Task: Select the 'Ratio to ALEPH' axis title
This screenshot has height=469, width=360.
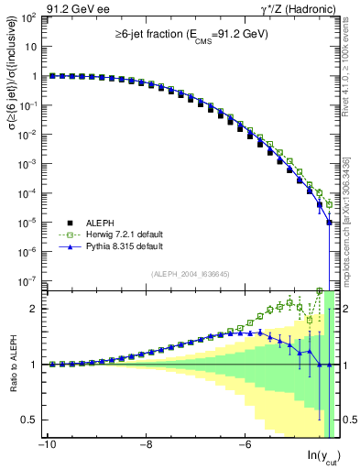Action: tap(12, 365)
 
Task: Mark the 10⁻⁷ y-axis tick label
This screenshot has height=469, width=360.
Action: tap(27, 280)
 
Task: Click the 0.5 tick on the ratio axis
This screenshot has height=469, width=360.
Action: tap(29, 420)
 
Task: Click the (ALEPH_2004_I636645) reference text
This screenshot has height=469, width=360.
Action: tap(191, 273)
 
